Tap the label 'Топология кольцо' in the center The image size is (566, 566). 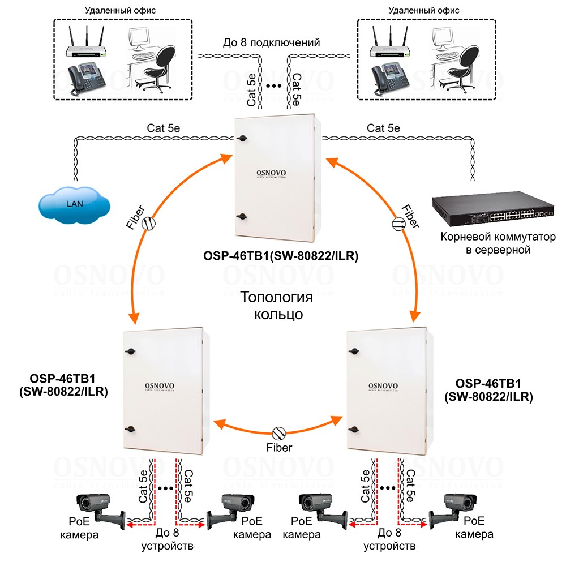tap(276, 305)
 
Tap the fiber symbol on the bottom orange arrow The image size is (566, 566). tap(279, 433)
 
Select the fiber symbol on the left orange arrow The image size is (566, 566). tap(148, 224)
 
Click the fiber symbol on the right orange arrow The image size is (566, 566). tap(398, 224)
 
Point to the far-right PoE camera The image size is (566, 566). tap(453, 509)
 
